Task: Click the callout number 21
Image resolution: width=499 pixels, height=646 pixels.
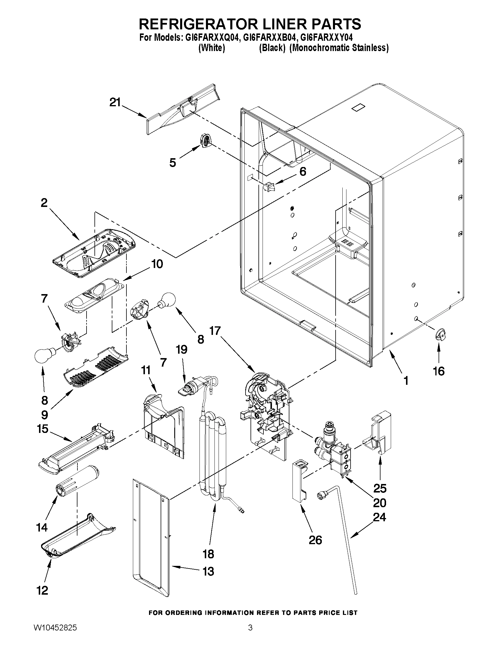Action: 115,102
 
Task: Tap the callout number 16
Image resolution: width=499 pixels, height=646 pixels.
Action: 439,371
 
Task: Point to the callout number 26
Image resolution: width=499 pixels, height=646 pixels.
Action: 315,540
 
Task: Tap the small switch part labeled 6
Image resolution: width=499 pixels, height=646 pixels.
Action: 269,187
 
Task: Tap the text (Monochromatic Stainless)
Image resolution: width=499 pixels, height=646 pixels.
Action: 339,48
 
